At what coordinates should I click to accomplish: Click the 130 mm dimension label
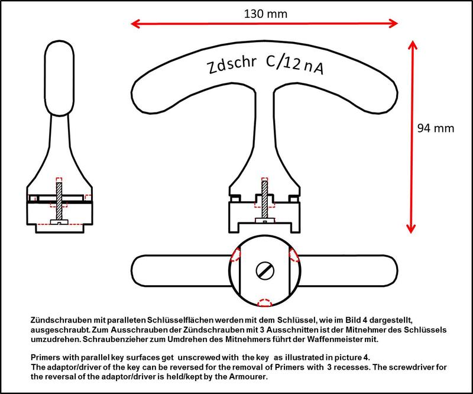[264, 12]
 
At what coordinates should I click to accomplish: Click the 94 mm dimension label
[437, 128]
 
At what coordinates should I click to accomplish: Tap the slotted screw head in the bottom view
[265, 272]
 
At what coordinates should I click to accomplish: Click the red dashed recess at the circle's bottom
[265, 301]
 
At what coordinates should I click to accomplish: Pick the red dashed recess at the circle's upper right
[294, 254]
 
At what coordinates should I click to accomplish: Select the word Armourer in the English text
[251, 377]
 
